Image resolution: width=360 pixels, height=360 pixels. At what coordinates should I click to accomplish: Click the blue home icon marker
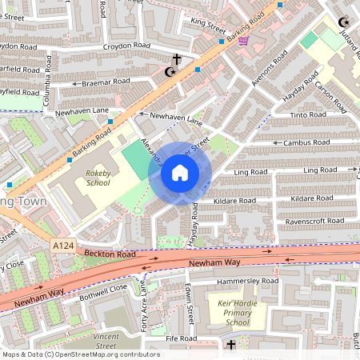point(180,173)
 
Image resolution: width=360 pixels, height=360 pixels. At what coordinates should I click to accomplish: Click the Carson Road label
point(330,95)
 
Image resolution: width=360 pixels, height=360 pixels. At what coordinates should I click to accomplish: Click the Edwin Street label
point(190,308)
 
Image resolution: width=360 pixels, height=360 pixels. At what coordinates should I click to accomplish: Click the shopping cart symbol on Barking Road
point(243,40)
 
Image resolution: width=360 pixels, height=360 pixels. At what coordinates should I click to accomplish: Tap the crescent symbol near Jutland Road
point(344,22)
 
